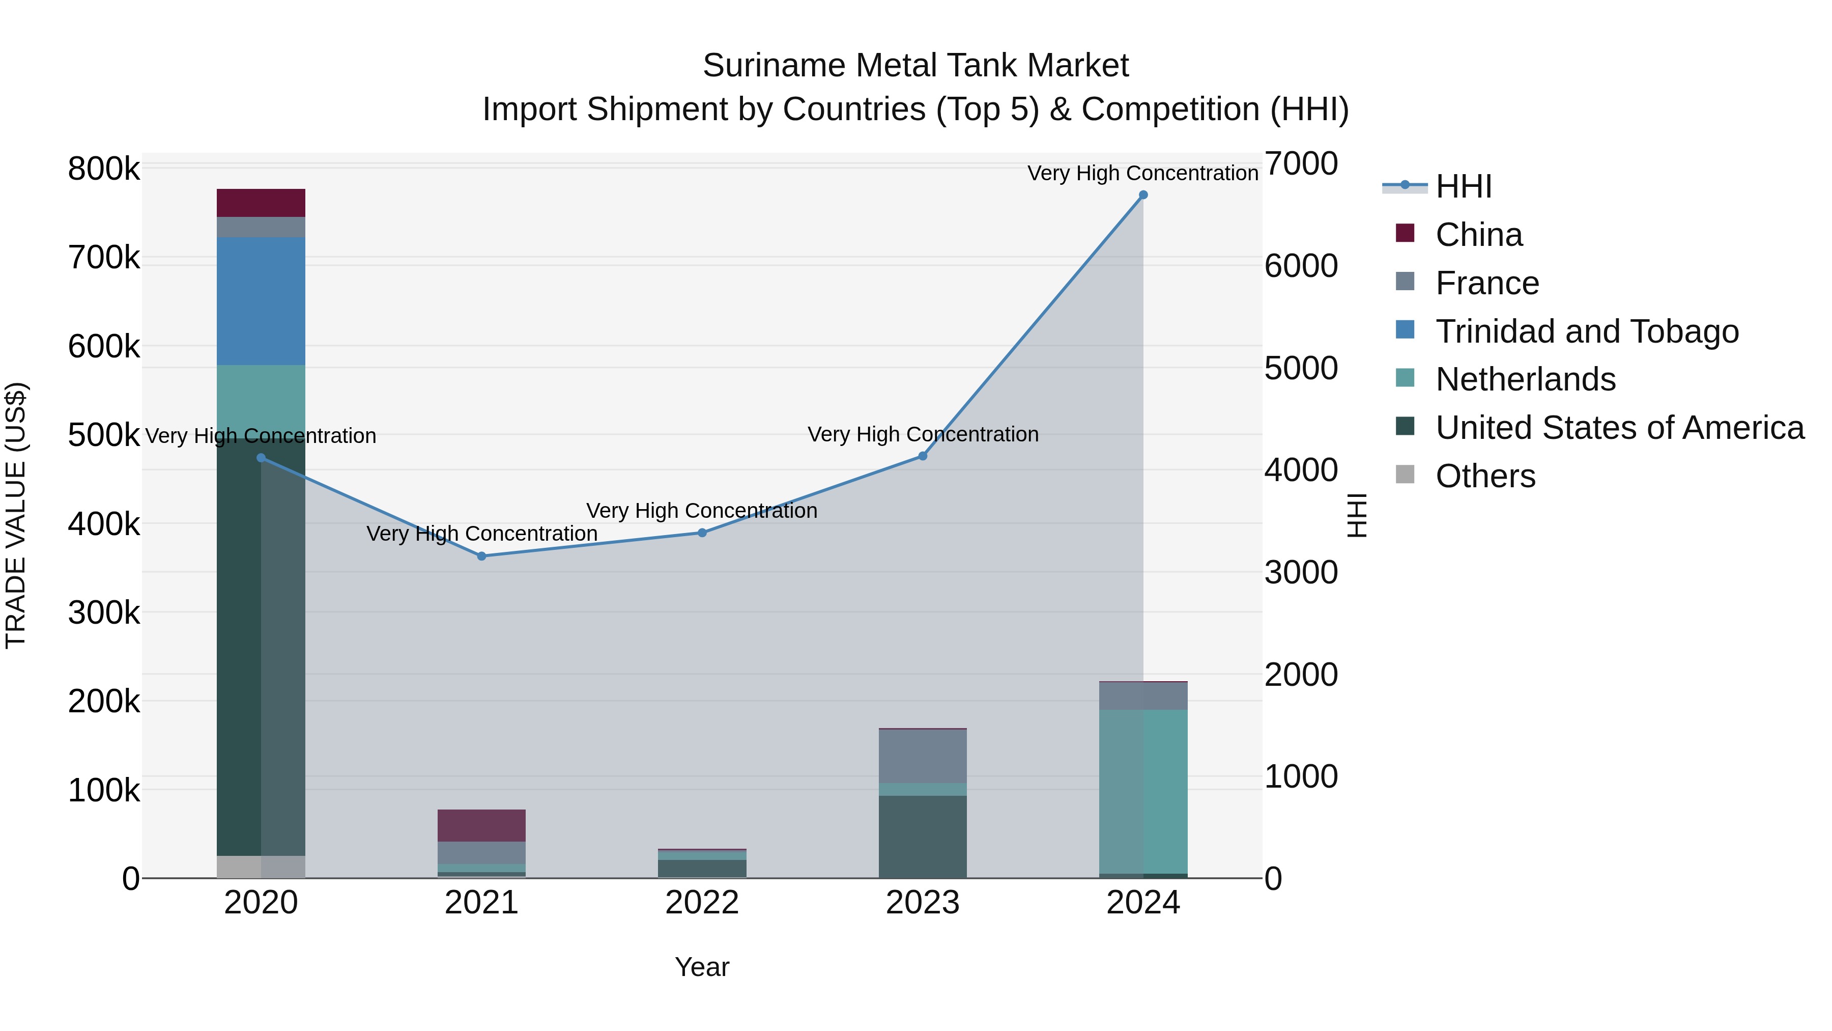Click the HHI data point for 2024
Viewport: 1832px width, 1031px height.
coord(1143,195)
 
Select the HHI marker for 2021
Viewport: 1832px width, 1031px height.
coord(481,556)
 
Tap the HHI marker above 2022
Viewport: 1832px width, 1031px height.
coord(702,533)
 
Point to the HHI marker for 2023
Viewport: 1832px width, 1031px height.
coord(923,456)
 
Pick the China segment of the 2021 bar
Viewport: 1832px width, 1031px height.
coord(481,825)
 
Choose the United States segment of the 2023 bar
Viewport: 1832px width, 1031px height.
coord(923,836)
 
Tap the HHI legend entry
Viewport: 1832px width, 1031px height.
coord(1463,186)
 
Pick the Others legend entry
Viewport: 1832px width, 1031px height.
coord(1485,476)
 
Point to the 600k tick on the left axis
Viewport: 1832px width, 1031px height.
coord(104,347)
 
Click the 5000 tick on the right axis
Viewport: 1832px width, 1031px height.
coord(1301,368)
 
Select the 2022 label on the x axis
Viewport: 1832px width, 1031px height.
coord(702,903)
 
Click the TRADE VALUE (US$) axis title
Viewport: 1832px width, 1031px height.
coord(16,515)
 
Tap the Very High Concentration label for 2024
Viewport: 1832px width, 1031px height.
coord(1143,173)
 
